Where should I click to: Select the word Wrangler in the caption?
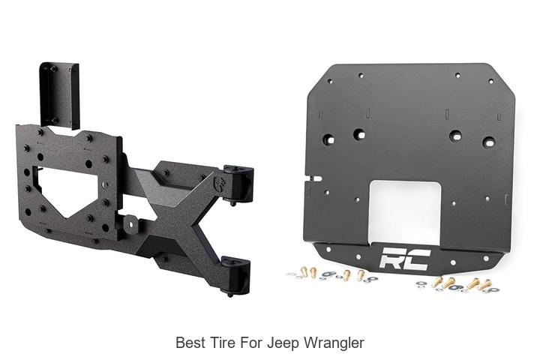tap(334, 343)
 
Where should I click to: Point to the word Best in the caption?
tap(190, 343)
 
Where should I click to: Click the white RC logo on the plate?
tap(405, 258)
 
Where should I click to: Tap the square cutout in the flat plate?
tap(405, 211)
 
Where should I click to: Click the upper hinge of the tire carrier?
tap(238, 183)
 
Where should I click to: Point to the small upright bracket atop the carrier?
tap(59, 94)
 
